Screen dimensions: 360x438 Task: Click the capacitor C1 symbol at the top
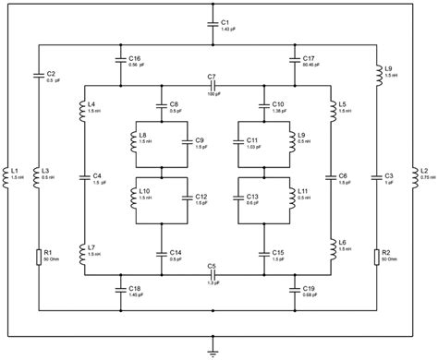click(213, 26)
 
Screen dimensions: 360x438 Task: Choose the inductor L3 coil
click(39, 175)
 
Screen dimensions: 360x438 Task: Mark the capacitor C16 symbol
click(122, 61)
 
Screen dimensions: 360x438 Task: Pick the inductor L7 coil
click(81, 251)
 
